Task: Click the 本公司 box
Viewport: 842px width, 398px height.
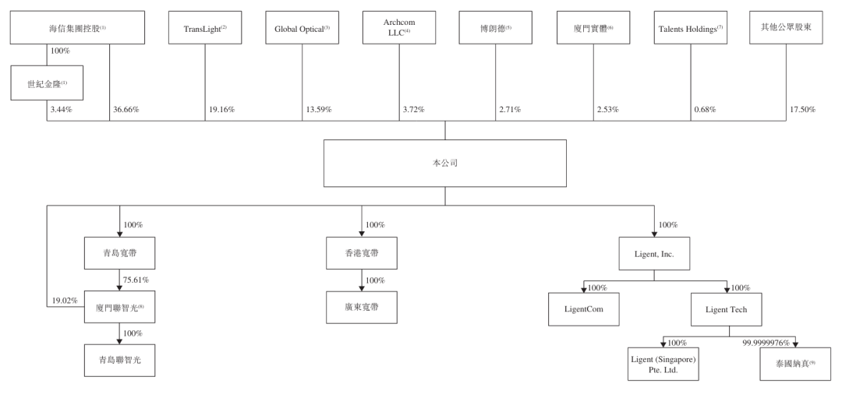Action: coord(444,163)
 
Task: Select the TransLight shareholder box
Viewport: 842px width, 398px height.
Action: coord(204,27)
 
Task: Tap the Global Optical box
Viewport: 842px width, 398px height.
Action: coord(302,27)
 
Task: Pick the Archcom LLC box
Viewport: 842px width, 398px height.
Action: coord(399,27)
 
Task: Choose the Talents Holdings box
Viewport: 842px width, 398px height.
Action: coord(691,27)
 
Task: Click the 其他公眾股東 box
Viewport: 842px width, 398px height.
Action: coord(786,27)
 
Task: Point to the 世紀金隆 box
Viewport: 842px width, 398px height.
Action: coord(47,83)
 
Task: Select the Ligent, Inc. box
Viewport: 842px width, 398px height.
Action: coord(654,253)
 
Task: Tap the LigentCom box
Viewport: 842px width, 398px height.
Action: coord(584,309)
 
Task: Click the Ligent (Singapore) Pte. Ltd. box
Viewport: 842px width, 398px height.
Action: coord(663,365)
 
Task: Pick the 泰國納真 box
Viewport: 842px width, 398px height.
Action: coord(795,365)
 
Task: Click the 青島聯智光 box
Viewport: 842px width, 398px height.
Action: coord(120,361)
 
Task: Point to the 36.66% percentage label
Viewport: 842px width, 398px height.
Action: coord(126,110)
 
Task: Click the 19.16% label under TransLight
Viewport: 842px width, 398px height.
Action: coord(221,110)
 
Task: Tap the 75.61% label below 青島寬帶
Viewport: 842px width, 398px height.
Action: coord(136,280)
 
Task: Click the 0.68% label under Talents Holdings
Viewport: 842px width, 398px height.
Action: coord(705,110)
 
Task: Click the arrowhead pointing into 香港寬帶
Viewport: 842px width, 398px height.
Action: coord(362,234)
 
